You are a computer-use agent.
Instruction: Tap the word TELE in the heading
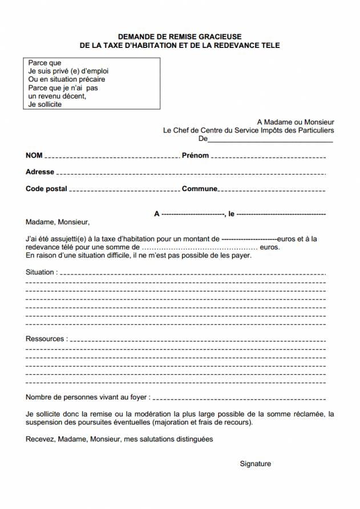coord(270,45)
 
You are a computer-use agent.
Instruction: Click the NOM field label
coord(34,156)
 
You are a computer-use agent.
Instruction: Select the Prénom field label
coord(195,156)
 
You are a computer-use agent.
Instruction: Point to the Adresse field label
coord(40,172)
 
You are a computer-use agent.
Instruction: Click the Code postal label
coord(46,189)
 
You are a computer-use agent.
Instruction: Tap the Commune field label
coord(199,189)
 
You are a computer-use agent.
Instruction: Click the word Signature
coord(255,464)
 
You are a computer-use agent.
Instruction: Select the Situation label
coord(41,272)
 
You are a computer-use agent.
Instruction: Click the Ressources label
coord(46,339)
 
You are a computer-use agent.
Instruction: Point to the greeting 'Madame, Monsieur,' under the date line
coord(58,223)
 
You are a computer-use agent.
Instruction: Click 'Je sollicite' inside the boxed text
coord(45,105)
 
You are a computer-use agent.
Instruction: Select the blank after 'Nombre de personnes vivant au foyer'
coord(240,397)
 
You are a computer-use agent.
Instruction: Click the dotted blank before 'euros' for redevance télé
coord(199,248)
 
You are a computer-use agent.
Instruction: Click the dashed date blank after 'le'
coord(281,214)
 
